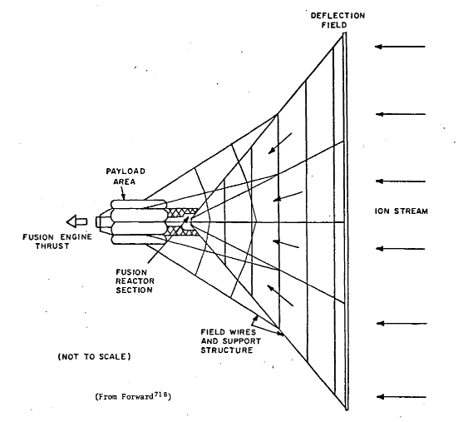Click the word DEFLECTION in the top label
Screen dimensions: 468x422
[x=337, y=16]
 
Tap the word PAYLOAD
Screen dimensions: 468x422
[x=126, y=171]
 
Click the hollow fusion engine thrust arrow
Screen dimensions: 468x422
[x=76, y=221]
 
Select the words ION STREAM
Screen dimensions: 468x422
[x=401, y=211]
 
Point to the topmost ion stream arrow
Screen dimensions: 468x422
[x=400, y=47]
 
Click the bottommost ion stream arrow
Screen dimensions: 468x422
[x=401, y=397]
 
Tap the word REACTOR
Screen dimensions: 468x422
[x=135, y=281]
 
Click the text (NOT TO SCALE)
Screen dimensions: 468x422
[x=94, y=356]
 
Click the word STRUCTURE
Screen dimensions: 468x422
[x=227, y=350]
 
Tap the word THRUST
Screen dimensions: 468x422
[x=52, y=246]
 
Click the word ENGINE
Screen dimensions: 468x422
[x=76, y=237]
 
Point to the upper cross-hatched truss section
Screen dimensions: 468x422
[x=181, y=212]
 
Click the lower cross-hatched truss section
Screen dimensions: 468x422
[x=181, y=231]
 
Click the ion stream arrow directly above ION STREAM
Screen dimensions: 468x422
[x=400, y=181]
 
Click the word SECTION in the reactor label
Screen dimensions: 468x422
[x=135, y=290]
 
